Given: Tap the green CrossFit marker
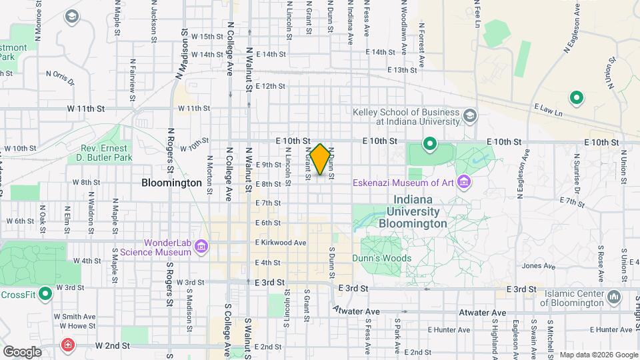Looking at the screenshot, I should pos(45,294).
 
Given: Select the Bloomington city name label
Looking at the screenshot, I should pos(171,182).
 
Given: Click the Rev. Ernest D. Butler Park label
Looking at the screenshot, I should pos(106,153).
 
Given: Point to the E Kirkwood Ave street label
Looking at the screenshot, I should pos(280,243).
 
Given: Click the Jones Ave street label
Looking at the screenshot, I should pos(539,266).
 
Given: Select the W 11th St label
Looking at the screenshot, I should pos(86,108).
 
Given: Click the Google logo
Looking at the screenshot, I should pos(21,352).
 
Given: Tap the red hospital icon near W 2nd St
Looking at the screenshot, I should pos(68,345).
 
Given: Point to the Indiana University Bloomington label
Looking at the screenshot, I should pos(413,211).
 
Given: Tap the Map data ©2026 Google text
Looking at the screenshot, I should pos(599,355).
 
